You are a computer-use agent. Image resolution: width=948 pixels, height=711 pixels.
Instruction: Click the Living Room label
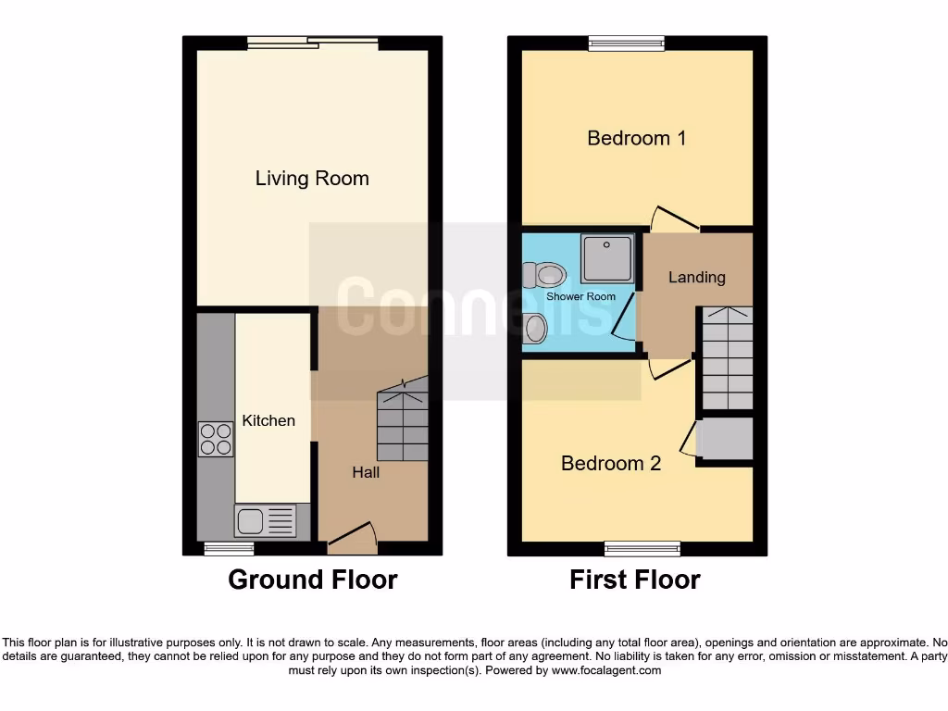(x=312, y=179)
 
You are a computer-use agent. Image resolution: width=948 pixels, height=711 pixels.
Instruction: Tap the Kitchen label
(x=268, y=420)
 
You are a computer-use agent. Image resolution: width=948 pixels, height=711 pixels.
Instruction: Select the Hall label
(x=366, y=472)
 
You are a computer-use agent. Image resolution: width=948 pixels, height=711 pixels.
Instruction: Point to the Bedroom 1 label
(x=637, y=138)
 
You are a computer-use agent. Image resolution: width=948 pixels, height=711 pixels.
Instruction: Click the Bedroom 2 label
(x=611, y=463)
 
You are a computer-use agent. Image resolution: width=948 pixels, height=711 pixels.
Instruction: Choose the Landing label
(x=697, y=277)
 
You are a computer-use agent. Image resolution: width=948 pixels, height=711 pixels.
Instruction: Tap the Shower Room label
(x=580, y=296)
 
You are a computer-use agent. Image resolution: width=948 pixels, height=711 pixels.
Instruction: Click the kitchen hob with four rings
(x=216, y=439)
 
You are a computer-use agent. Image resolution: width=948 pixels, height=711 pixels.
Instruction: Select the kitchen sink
(x=266, y=521)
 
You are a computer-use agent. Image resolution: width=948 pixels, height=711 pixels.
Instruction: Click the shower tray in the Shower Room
(x=606, y=256)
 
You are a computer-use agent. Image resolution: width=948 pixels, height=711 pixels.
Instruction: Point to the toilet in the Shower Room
(x=544, y=274)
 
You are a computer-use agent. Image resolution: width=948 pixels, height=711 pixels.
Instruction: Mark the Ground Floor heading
(x=313, y=580)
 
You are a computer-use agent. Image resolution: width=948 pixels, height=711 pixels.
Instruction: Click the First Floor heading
(x=635, y=580)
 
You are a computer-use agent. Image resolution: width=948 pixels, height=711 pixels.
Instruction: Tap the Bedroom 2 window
(x=642, y=549)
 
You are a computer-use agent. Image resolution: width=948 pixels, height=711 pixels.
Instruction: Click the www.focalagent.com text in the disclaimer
(x=606, y=670)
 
